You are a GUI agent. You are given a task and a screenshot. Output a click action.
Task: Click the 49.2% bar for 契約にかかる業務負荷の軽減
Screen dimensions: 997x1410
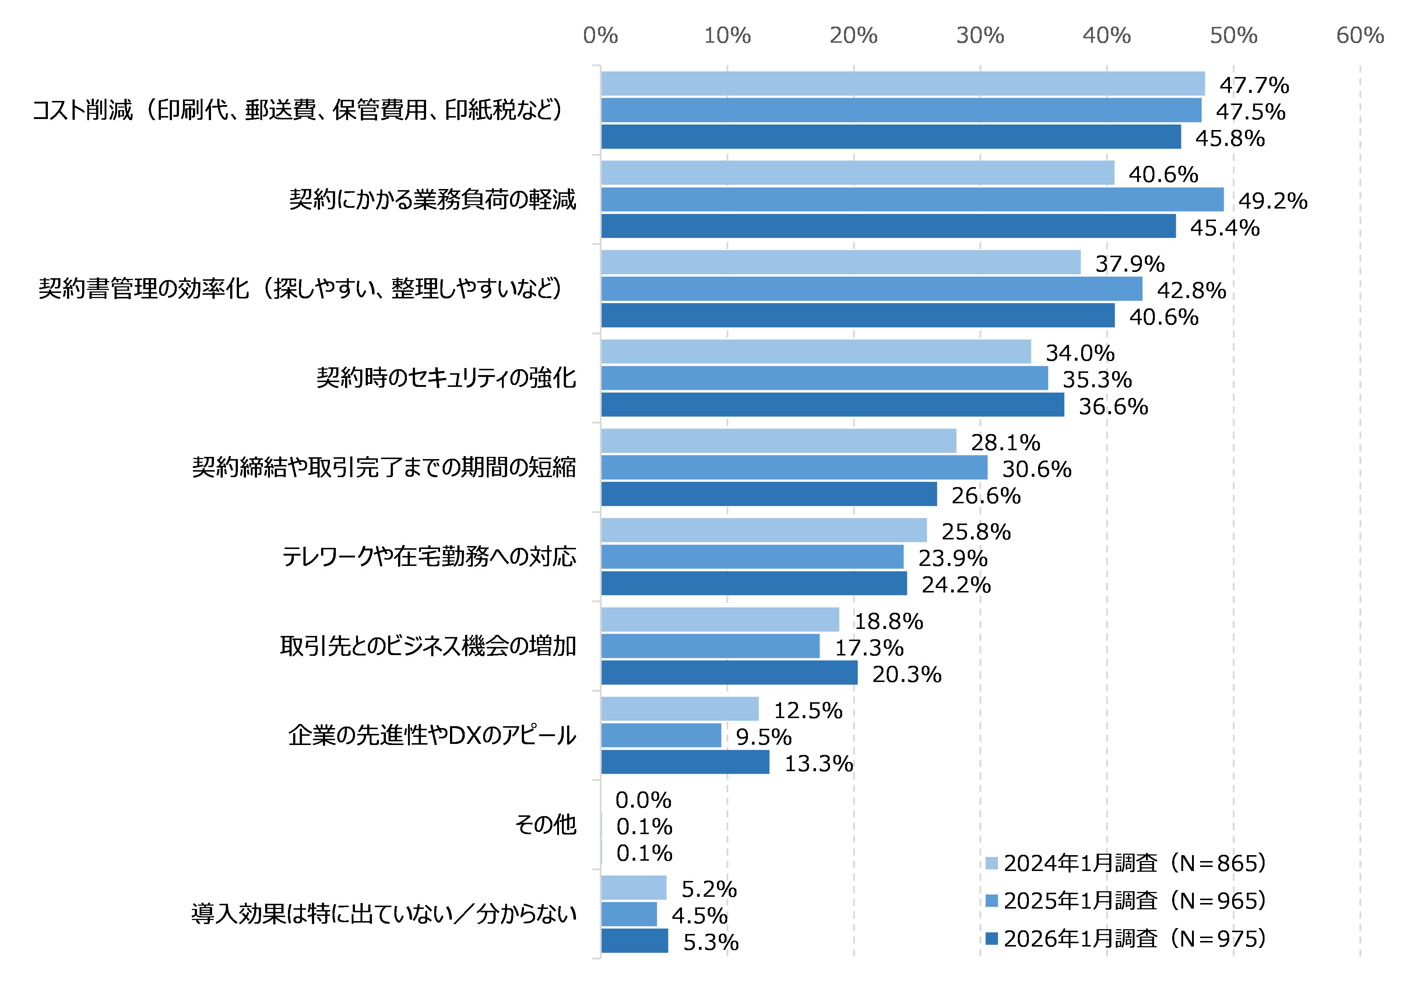coord(912,200)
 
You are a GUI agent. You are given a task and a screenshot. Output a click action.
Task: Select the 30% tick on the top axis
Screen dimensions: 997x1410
coord(980,36)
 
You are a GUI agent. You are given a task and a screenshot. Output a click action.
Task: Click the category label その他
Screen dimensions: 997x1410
coord(545,824)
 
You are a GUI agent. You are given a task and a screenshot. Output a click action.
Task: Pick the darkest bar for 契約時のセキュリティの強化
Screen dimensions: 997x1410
coord(832,405)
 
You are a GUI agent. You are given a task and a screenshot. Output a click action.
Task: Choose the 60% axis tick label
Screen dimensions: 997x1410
coord(1360,36)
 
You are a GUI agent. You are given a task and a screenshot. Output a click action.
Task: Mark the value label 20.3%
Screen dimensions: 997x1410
coord(907,675)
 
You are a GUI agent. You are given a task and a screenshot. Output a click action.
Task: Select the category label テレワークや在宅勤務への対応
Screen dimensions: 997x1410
coord(429,557)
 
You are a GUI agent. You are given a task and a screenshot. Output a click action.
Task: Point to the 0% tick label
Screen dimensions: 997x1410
coord(600,36)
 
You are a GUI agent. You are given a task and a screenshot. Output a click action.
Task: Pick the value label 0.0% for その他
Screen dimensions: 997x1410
coord(643,800)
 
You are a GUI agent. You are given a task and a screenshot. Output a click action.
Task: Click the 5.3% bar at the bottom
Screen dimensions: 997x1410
coord(634,941)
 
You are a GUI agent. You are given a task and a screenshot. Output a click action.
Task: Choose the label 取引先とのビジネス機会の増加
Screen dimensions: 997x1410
coord(428,646)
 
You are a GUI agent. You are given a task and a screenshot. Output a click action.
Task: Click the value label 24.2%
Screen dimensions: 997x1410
coord(956,584)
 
